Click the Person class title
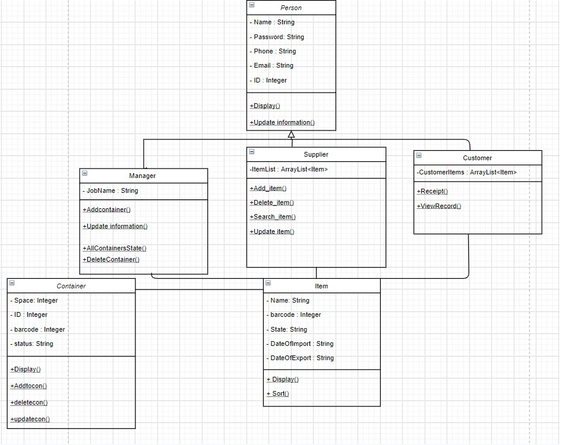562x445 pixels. [x=291, y=8]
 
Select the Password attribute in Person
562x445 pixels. [x=279, y=37]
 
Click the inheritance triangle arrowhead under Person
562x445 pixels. [x=291, y=135]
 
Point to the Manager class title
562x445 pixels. [x=143, y=176]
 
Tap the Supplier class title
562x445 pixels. [x=316, y=154]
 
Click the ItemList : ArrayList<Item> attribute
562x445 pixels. [x=290, y=169]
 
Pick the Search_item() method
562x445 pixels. [x=274, y=217]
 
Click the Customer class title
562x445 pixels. [x=478, y=158]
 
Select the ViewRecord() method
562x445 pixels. [x=440, y=206]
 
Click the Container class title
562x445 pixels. [x=71, y=286]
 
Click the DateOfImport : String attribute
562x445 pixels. [x=302, y=344]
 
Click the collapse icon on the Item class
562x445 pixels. [x=269, y=284]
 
